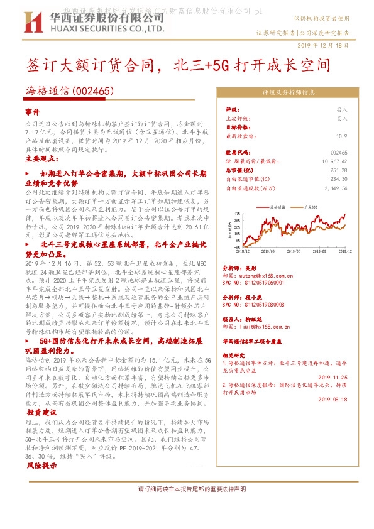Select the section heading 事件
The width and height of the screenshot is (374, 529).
pyautogui.click(x=32, y=111)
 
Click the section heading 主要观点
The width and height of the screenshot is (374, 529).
pyautogui.click(x=40, y=158)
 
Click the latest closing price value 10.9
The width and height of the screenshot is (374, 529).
pyautogui.click(x=341, y=136)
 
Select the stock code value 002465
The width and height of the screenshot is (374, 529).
pyautogui.click(x=338, y=153)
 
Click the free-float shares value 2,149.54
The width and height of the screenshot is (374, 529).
pyautogui.click(x=335, y=187)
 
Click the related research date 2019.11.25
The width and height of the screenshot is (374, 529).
pyautogui.click(x=333, y=377)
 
